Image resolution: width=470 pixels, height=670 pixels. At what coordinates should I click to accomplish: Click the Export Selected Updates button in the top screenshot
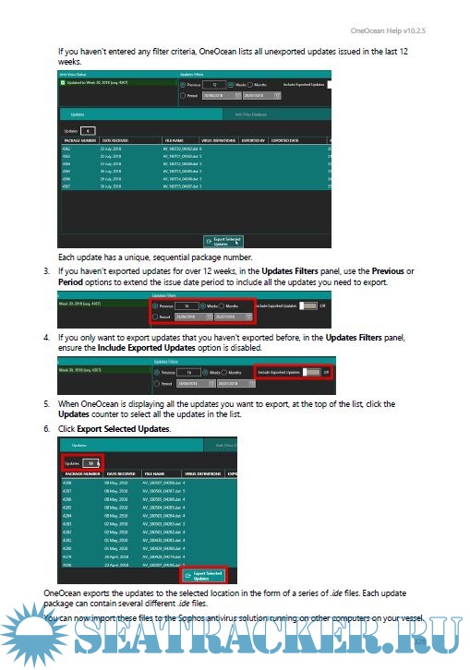coord(220,241)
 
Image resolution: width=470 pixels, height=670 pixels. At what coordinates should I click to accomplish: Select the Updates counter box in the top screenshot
coord(85,131)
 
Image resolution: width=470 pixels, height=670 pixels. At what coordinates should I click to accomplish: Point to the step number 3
coord(46,271)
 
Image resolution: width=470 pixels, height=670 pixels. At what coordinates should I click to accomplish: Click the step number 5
coord(46,404)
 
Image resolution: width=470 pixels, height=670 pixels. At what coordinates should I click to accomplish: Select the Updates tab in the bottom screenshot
coord(79,446)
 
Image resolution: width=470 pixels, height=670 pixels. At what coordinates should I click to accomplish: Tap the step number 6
coord(46,429)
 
